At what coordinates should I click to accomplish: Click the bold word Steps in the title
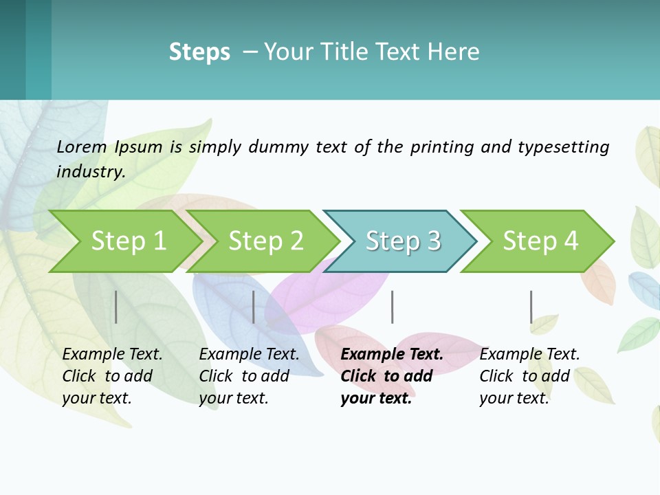tap(199, 52)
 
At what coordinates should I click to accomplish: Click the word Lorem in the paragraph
tap(82, 146)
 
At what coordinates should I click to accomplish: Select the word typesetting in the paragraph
tap(563, 147)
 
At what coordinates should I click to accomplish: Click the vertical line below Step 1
tap(116, 307)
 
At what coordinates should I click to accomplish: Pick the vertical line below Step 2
tap(254, 307)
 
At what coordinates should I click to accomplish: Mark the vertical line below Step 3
tap(392, 307)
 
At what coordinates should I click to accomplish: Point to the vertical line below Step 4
tap(531, 307)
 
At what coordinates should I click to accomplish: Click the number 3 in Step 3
tap(433, 241)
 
